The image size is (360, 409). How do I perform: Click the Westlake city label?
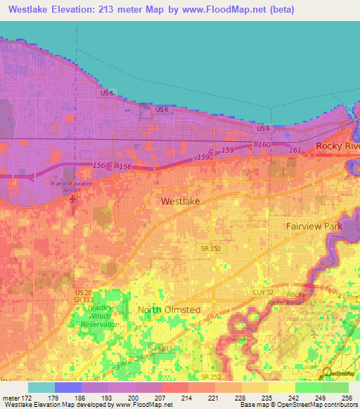click(x=180, y=201)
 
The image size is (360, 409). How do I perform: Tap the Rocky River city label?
click(x=338, y=145)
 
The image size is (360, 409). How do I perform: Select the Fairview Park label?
click(x=314, y=226)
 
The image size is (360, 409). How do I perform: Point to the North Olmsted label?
click(x=169, y=309)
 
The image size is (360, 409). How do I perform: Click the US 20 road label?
click(x=83, y=292)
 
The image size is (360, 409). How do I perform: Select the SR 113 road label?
click(x=84, y=300)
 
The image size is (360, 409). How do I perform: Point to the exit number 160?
click(x=264, y=145)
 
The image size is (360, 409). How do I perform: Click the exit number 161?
click(x=295, y=150)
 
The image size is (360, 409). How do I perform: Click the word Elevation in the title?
click(x=79, y=10)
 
